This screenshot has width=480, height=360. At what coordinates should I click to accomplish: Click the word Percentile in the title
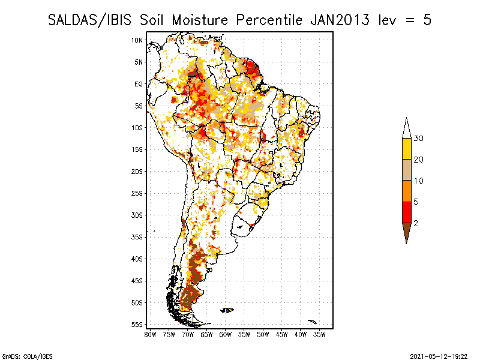269,20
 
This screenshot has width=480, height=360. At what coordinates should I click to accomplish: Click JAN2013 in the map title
340,20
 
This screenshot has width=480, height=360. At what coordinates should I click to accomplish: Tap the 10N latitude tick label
137,40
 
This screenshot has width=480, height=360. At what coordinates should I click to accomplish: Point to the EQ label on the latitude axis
139,84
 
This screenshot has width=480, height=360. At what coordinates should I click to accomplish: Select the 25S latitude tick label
137,193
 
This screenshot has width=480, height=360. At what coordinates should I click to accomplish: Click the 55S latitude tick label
137,325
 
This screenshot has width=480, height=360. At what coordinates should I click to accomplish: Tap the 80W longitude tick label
150,335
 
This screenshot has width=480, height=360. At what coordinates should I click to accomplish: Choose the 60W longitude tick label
226,335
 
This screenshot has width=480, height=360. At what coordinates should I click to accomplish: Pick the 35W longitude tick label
319,335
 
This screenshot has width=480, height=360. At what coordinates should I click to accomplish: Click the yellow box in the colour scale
407,149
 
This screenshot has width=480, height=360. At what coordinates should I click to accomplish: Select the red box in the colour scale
407,212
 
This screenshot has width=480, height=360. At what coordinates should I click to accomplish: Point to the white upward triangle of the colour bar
407,128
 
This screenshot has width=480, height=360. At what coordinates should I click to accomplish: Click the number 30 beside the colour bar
418,139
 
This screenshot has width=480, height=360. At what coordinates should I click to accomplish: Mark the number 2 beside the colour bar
416,223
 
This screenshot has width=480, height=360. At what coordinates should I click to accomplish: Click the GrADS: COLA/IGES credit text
28,356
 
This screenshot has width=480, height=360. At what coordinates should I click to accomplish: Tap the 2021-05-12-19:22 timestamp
439,356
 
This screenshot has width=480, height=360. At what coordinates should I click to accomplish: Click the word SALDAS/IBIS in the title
89,20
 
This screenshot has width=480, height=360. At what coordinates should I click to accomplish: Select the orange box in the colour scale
407,191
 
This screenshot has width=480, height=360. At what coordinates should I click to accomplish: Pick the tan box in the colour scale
407,170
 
